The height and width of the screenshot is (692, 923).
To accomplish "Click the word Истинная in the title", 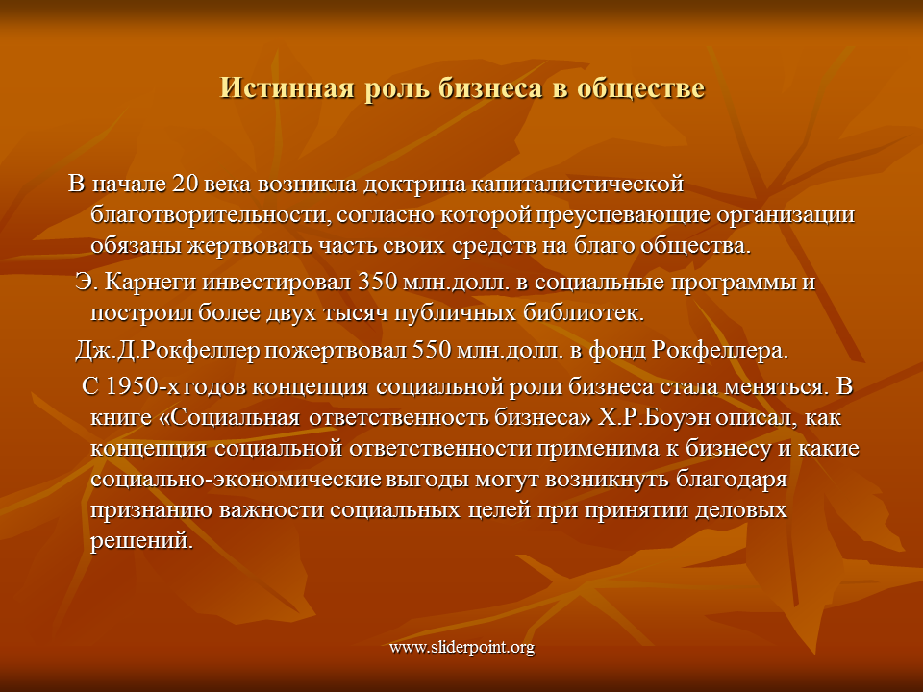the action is coord(287,87).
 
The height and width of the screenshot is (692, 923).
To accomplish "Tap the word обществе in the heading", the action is coord(640,88).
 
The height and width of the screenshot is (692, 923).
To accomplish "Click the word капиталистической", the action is coord(578,184).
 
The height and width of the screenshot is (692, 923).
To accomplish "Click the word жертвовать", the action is coord(250,245).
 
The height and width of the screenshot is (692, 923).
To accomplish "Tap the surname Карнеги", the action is coord(150,283).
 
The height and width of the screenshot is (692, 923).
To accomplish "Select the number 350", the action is coord(378,282).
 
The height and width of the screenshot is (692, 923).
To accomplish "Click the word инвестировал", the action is coord(276,283).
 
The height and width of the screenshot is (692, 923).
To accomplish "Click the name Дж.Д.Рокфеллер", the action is coord(166,351).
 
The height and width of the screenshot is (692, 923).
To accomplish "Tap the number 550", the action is coord(432,351).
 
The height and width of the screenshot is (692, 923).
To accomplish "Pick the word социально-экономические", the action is coord(236,479).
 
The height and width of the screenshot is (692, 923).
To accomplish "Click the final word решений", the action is coord(142,540).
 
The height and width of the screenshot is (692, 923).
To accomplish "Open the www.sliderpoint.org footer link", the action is coord(461,648).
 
